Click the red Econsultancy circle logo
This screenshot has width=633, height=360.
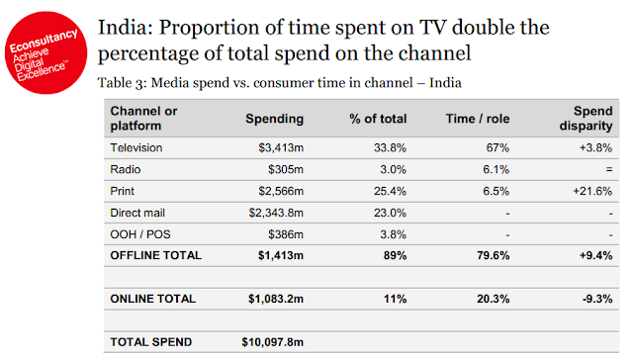(46, 52)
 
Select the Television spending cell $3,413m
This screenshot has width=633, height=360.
(281, 148)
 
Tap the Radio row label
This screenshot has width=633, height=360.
(126, 169)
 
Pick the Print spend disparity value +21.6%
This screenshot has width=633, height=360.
(592, 191)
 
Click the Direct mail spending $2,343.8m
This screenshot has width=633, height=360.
(276, 213)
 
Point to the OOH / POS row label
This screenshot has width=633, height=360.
(140, 234)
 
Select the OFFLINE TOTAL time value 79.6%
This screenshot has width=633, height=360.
(493, 255)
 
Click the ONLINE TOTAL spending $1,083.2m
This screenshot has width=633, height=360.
(276, 299)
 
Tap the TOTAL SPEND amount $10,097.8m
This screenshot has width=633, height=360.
(273, 342)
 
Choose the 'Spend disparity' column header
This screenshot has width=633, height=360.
(587, 119)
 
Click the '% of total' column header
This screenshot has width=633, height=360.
(378, 119)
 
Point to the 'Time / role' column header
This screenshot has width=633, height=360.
(478, 119)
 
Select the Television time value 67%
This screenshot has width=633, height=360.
(497, 148)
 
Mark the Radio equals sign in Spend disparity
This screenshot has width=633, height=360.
(609, 169)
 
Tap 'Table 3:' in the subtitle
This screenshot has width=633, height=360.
(122, 83)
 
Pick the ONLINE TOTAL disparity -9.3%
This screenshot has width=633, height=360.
(597, 299)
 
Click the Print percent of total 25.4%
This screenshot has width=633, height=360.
(390, 191)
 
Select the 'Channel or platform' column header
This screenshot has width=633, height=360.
(143, 119)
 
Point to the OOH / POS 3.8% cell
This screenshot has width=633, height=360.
(393, 234)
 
